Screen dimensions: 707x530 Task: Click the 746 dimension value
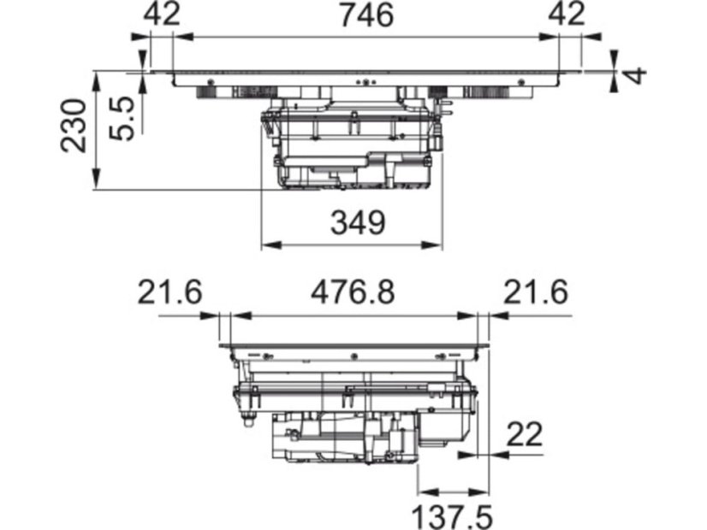pyautogui.click(x=366, y=15)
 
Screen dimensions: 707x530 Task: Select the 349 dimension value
pyautogui.click(x=359, y=222)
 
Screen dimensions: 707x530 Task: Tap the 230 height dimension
pyautogui.click(x=74, y=126)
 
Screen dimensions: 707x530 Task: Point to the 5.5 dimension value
pyautogui.click(x=122, y=119)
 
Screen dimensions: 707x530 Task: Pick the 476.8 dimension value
pyautogui.click(x=353, y=291)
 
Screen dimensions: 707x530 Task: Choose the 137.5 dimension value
pyautogui.click(x=452, y=517)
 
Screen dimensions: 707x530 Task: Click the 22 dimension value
pyautogui.click(x=525, y=434)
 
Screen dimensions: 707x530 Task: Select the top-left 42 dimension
pyautogui.click(x=162, y=15)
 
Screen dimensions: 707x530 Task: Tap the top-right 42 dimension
pyautogui.click(x=567, y=15)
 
